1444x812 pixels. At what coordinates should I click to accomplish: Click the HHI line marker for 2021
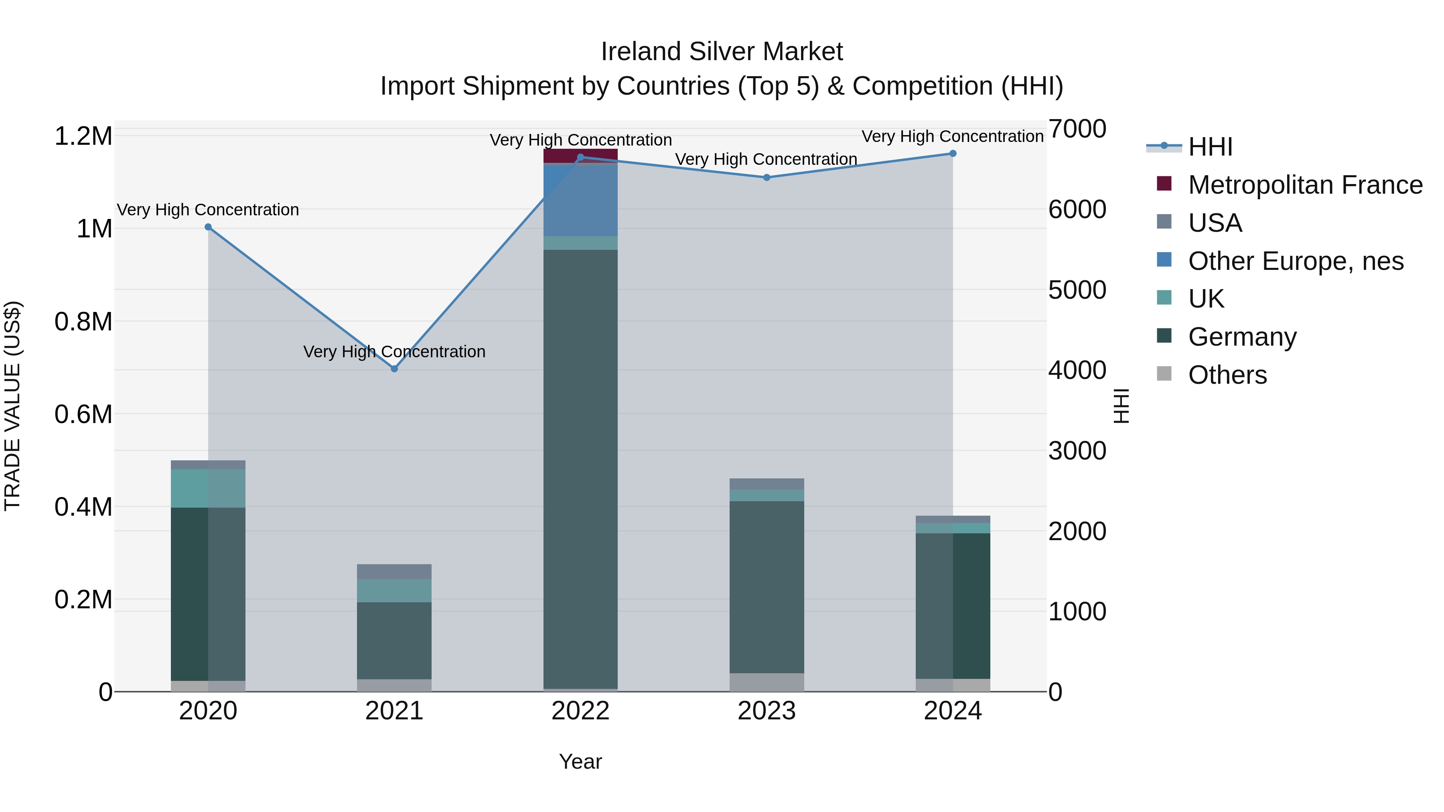[394, 369]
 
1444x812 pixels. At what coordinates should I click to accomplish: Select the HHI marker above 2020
[208, 227]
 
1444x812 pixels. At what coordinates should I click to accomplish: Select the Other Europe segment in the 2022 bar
[580, 200]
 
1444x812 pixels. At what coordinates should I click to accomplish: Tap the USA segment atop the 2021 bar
[394, 571]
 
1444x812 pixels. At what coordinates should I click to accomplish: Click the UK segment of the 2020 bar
[208, 488]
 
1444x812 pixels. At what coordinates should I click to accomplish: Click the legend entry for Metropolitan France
[1305, 184]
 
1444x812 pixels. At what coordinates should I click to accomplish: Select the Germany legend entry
[1242, 336]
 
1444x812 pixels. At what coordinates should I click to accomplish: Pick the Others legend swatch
[1164, 374]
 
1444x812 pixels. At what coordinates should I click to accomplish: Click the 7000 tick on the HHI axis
[1077, 129]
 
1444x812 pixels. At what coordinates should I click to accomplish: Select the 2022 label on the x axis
[580, 711]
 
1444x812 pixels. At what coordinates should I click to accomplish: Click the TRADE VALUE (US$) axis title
[12, 406]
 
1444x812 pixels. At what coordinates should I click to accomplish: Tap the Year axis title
[580, 761]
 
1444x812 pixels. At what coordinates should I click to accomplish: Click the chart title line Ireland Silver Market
[722, 52]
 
